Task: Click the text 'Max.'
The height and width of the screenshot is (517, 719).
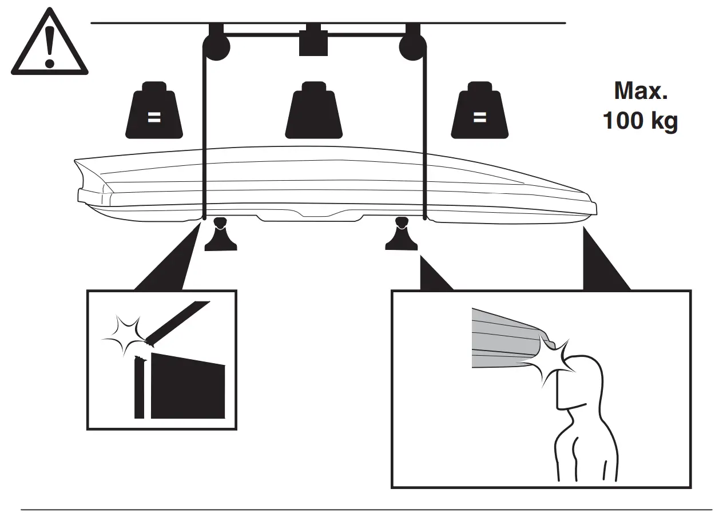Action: pyautogui.click(x=641, y=92)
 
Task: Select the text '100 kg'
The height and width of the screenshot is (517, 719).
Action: pyautogui.click(x=640, y=121)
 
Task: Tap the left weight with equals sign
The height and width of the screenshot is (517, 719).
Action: pyautogui.click(x=154, y=113)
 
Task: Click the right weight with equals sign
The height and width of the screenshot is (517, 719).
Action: pyautogui.click(x=479, y=113)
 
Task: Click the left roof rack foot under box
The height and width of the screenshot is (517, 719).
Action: pyautogui.click(x=221, y=236)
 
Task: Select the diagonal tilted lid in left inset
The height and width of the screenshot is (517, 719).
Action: pyautogui.click(x=177, y=323)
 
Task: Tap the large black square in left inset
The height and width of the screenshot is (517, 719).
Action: pyautogui.click(x=188, y=387)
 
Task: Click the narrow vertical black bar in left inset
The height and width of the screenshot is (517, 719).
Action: pyautogui.click(x=139, y=388)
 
